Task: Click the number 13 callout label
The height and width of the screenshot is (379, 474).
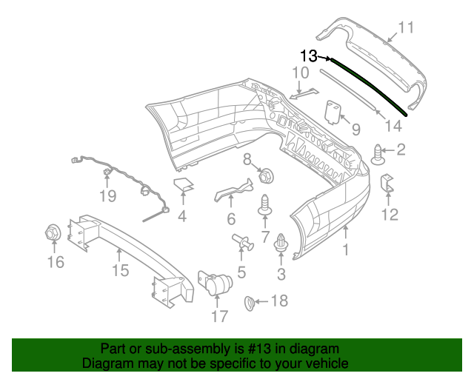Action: pos(308,56)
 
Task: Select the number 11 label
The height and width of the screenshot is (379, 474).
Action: pos(405,28)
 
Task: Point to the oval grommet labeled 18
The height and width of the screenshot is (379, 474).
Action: pos(250,301)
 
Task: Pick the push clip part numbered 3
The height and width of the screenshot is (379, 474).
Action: pos(281,244)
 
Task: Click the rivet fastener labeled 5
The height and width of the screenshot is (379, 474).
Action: pos(242,241)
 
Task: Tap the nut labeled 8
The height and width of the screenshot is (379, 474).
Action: pos(266,176)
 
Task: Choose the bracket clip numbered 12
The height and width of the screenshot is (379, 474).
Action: pos(387,185)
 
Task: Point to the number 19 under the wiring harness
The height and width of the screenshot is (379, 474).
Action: pos(108,196)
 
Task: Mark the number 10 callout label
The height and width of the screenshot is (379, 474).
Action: pos(300,73)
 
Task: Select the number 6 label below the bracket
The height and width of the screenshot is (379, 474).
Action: pos(231,219)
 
